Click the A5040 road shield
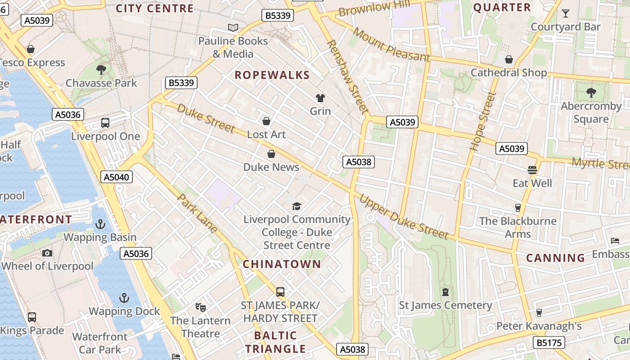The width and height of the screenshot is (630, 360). [117, 177]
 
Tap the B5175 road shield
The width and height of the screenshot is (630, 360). [549, 342]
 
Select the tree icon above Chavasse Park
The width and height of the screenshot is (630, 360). [101, 69]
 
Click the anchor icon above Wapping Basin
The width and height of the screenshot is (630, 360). [100, 224]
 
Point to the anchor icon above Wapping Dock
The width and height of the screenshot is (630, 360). [124, 298]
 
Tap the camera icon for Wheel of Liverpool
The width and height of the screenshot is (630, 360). [47, 253]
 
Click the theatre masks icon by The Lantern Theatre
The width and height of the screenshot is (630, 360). [201, 307]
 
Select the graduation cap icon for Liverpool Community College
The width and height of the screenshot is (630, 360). [297, 206]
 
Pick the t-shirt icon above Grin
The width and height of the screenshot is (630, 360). [320, 98]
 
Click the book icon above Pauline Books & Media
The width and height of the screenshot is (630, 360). [233, 28]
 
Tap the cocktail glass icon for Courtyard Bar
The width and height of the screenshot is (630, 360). [565, 13]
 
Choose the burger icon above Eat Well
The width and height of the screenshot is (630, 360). [532, 170]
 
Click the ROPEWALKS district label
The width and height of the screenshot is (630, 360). [272, 75]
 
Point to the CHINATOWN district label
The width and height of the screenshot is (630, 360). [282, 264]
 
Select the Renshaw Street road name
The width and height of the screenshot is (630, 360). [347, 76]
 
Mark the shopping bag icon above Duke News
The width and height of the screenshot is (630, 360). [271, 154]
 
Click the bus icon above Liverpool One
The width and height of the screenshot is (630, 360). [105, 122]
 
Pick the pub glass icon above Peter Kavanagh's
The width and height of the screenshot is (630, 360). [539, 312]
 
